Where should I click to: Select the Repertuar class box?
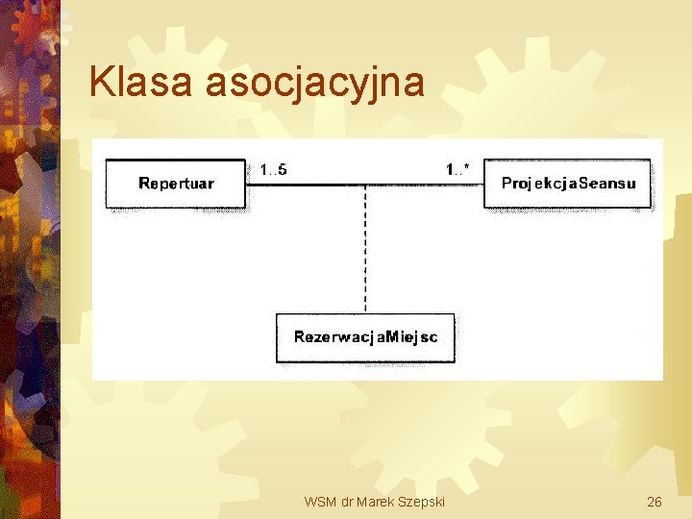[176, 184]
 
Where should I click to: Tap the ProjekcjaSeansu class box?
[568, 184]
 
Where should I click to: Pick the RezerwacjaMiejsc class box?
[365, 337]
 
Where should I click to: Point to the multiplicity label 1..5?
[273, 170]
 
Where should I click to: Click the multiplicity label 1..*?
[457, 170]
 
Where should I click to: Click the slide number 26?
[655, 502]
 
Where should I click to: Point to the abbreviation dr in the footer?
[346, 502]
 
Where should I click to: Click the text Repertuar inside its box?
[176, 184]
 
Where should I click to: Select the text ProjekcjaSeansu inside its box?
[568, 184]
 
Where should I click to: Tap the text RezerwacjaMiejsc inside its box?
[365, 337]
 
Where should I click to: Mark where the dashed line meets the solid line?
[365, 185]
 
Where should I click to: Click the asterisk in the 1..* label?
[467, 168]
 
